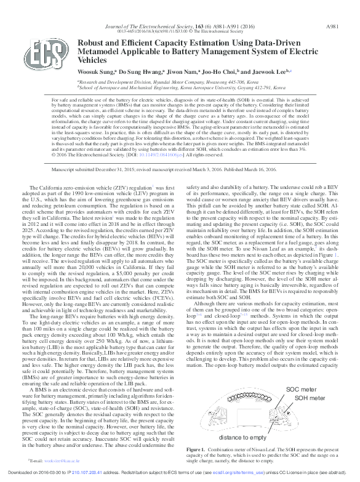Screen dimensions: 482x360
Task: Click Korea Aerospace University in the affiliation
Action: [225, 87]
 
